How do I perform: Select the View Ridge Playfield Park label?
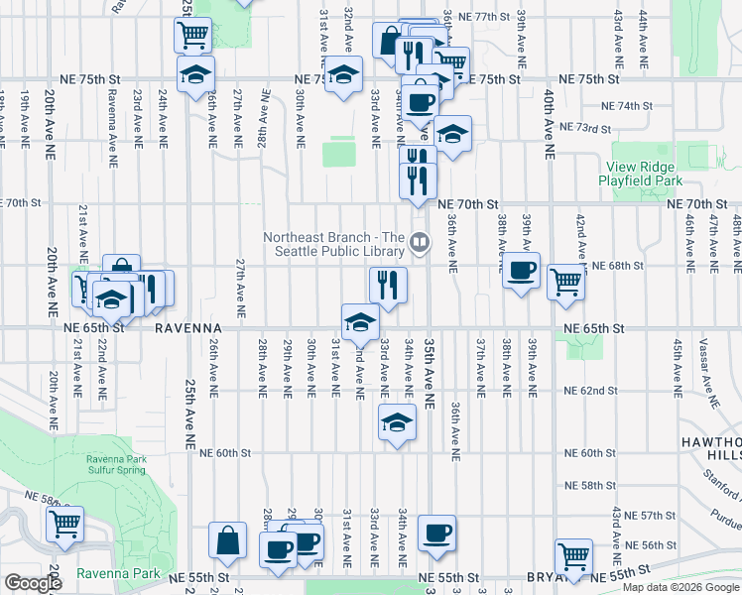click(x=641, y=175)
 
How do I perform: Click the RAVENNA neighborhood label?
click(x=185, y=327)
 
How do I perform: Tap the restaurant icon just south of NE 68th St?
click(x=389, y=285)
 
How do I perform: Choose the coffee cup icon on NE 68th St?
click(x=521, y=270)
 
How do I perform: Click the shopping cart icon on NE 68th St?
click(x=565, y=281)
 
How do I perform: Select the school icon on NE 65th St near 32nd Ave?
click(x=360, y=320)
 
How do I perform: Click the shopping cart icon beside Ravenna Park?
click(x=64, y=523)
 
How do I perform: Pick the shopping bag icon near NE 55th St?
click(x=228, y=540)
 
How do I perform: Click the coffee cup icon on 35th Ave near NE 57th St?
click(x=436, y=534)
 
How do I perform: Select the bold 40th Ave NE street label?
click(x=548, y=124)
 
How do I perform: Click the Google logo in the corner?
click(x=32, y=583)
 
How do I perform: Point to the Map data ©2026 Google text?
click(x=680, y=587)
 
